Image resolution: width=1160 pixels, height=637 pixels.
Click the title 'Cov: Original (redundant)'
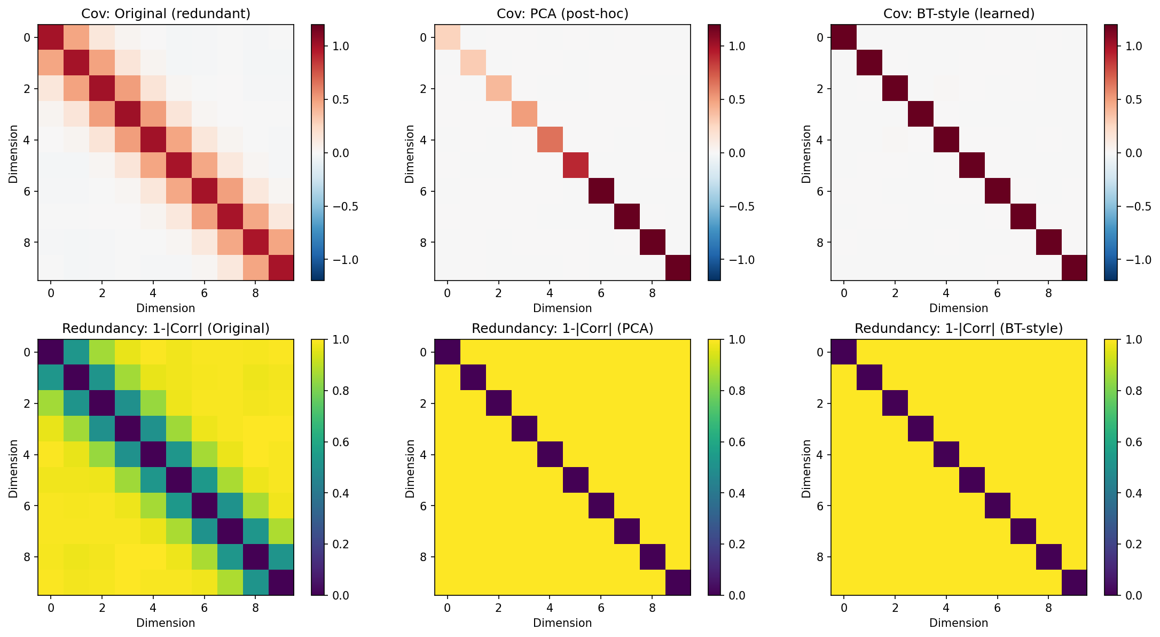(166, 13)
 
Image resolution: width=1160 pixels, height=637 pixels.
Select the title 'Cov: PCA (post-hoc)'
(562, 13)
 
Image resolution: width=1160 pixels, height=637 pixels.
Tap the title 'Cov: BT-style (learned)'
(959, 13)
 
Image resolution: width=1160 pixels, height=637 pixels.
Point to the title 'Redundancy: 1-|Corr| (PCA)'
(562, 328)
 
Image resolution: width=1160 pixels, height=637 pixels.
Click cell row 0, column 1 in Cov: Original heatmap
(76, 37)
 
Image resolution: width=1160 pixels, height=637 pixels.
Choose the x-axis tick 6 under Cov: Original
(204, 293)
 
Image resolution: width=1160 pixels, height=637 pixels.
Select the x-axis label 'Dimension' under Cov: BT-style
(959, 308)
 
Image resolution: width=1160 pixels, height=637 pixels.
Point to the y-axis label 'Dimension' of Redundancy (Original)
(13, 469)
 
